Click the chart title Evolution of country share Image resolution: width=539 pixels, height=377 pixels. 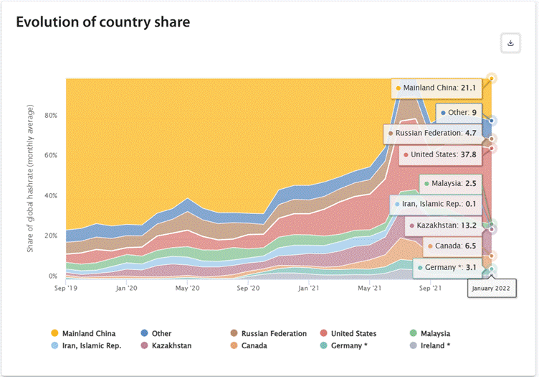[x=102, y=22]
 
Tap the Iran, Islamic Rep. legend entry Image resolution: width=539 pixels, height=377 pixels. [x=90, y=345]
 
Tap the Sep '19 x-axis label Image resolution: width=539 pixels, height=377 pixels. [x=66, y=288]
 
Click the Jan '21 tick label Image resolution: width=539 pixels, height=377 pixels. [x=309, y=288]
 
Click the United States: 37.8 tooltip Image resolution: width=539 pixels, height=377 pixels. [x=439, y=154]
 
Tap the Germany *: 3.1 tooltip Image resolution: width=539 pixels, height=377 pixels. [x=449, y=268]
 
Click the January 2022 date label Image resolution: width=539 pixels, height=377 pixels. [x=492, y=289]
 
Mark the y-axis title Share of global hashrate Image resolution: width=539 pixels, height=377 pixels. [x=31, y=178]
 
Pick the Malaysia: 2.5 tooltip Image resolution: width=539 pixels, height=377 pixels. [x=449, y=184]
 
